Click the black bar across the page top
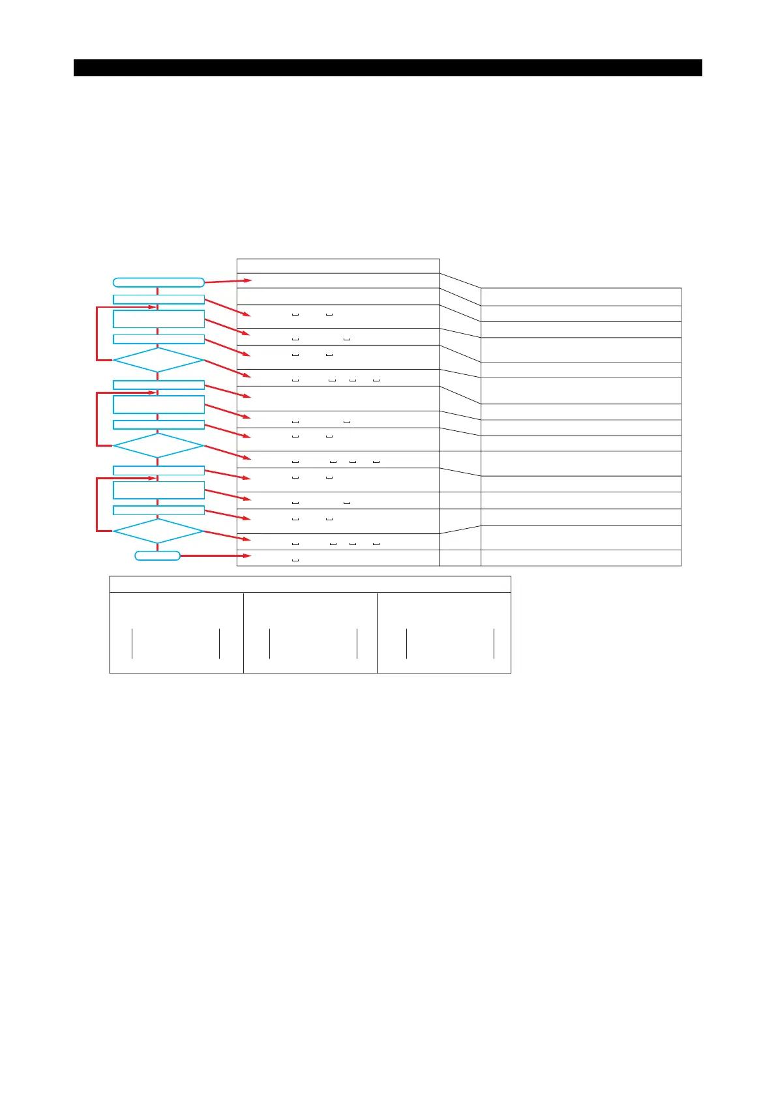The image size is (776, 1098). (x=387, y=68)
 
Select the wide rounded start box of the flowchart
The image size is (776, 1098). (x=158, y=282)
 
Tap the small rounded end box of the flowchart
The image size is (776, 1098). (x=157, y=556)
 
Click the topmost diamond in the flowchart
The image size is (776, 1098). (x=158, y=360)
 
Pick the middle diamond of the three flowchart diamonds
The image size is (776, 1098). (x=158, y=445)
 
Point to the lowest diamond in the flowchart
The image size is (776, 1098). (x=158, y=531)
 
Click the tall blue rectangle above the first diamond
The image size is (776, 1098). (x=158, y=319)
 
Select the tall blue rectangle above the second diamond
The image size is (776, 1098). (x=158, y=404)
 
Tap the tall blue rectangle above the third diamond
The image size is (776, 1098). (x=158, y=490)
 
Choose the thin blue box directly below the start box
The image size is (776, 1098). (x=158, y=299)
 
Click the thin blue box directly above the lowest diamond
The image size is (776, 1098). (x=158, y=510)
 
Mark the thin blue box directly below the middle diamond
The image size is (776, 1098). (x=158, y=470)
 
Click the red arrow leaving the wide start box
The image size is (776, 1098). (x=228, y=281)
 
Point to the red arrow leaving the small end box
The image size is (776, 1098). (x=215, y=556)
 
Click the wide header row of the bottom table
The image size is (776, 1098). (x=310, y=584)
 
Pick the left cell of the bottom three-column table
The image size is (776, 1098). (x=176, y=632)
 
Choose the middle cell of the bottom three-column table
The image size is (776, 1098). (x=310, y=632)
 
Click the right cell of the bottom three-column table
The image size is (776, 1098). (x=444, y=632)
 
